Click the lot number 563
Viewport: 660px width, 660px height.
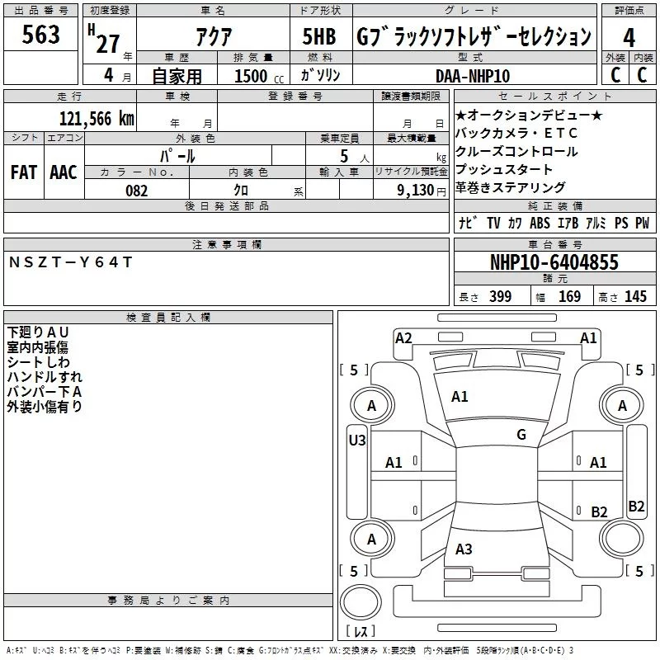point(40,36)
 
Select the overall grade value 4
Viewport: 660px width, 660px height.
point(629,37)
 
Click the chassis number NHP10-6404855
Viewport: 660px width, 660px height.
point(554,262)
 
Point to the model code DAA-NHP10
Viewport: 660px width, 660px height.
point(473,76)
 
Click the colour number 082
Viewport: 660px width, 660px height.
point(135,191)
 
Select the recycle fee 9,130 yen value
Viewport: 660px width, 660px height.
point(422,191)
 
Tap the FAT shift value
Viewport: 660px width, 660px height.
point(23,172)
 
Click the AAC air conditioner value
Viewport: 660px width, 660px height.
point(64,172)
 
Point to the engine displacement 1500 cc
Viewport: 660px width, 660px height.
point(251,76)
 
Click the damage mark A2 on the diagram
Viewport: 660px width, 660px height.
point(403,337)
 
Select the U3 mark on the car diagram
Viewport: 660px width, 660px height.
point(357,440)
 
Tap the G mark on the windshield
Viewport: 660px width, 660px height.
point(521,434)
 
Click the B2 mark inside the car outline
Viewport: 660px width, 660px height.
point(599,511)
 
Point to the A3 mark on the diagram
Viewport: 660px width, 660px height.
point(464,549)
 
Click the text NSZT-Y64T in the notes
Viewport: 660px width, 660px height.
point(69,262)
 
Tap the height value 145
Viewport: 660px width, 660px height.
point(635,296)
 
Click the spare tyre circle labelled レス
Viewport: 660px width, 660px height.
point(361,610)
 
